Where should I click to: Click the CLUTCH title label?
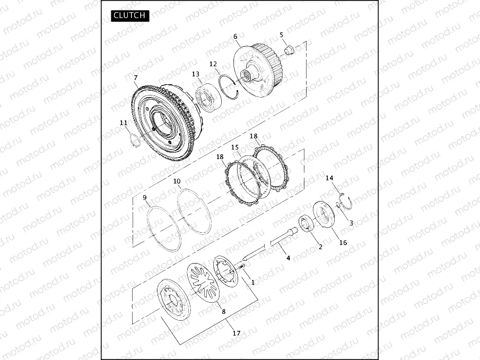point(130,15)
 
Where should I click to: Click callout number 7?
point(136,78)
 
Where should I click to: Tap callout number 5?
point(281,35)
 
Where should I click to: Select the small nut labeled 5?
point(289,49)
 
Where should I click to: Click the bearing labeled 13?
point(208,97)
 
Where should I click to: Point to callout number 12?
point(213,64)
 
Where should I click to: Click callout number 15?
point(235,147)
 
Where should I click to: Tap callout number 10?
point(177,181)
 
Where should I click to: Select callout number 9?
point(145,198)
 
